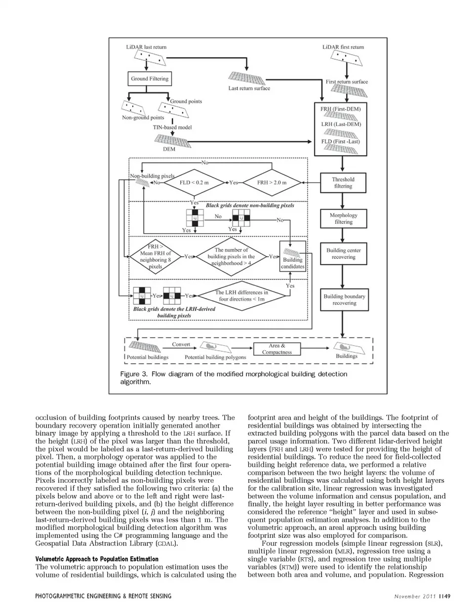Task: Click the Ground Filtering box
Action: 150,79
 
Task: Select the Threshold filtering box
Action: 343,183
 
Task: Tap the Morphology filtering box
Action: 343,218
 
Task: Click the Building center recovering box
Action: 343,254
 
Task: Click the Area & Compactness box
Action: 276,349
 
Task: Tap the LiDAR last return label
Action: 146,47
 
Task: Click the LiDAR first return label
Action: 343,47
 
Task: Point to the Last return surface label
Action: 249,88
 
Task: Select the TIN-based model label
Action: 172,127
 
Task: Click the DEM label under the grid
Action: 169,149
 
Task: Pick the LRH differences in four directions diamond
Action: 241,296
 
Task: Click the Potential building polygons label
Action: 215,357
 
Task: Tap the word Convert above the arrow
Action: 181,344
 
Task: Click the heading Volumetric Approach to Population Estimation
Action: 97,559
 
